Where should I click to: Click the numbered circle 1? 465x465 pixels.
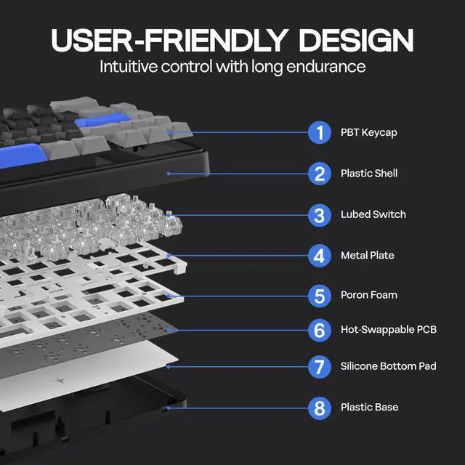tap(319, 133)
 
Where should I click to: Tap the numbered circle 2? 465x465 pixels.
tap(319, 174)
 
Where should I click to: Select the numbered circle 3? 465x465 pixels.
tap(319, 215)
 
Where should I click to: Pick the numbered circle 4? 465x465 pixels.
tap(319, 256)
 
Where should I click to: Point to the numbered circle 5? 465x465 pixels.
tap(319, 296)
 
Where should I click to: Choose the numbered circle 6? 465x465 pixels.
tap(319, 330)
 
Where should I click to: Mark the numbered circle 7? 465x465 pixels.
tap(319, 366)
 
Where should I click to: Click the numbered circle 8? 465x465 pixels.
tap(319, 408)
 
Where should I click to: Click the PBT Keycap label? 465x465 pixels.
tap(368, 133)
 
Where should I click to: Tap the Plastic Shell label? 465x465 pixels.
tap(369, 174)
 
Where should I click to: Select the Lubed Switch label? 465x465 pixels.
tap(373, 214)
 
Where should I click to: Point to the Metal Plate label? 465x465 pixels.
tap(368, 256)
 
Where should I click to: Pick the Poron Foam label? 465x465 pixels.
tap(369, 296)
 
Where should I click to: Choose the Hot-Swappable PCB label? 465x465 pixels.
tap(389, 330)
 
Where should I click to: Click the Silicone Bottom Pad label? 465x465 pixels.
tap(389, 366)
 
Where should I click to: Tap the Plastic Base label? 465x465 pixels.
tap(370, 408)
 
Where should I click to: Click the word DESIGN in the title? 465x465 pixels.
tap(356, 40)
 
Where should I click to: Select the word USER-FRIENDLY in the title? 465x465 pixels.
tap(170, 40)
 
